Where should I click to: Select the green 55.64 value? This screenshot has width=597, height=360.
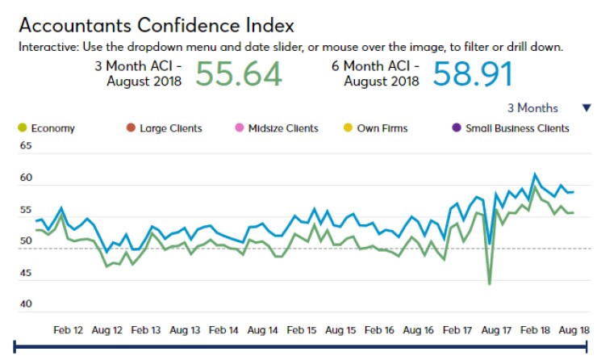239,73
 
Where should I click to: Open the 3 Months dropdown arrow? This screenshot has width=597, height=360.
586,108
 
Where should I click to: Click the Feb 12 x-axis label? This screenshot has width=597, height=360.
67,330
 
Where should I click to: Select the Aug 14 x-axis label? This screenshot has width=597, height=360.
262,330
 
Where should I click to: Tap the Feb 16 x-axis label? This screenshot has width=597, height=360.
378,330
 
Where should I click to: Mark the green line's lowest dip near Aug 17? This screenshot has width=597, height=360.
490,284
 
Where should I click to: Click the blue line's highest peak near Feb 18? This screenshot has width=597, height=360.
534,174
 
